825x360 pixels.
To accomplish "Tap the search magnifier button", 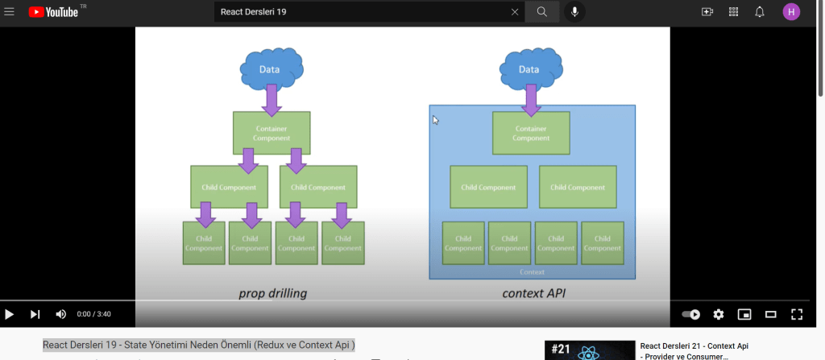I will pyautogui.click(x=541, y=12).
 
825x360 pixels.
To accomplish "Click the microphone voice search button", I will pyautogui.click(x=574, y=12).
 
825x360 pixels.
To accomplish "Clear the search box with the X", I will pyautogui.click(x=515, y=12).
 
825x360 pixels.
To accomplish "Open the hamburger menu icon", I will pyautogui.click(x=10, y=12).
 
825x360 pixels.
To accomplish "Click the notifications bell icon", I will pyautogui.click(x=759, y=12).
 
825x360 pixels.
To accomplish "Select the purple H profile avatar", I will pyautogui.click(x=791, y=12).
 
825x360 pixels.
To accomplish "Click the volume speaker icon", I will pyautogui.click(x=60, y=314).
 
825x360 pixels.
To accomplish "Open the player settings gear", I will pyautogui.click(x=719, y=314).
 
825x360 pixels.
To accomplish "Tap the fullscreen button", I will pyautogui.click(x=796, y=314).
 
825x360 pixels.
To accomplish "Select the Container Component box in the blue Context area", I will pyautogui.click(x=531, y=133).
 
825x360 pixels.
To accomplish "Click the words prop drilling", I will pyautogui.click(x=273, y=293).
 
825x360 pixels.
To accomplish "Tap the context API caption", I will pyautogui.click(x=533, y=293).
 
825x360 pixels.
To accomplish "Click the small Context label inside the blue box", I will pyautogui.click(x=532, y=273).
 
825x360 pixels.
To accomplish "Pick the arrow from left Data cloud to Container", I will pyautogui.click(x=272, y=98).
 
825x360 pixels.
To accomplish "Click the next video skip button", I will pyautogui.click(x=35, y=314).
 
